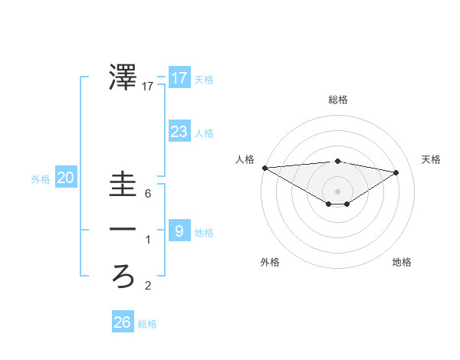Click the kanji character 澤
123,77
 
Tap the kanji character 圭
123,186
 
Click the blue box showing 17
179,78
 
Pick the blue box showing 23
179,132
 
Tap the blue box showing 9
179,231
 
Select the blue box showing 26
122,322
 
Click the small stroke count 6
148,195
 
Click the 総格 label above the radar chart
337,100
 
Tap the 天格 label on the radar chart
431,159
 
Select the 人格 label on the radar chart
245,159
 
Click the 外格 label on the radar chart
270,262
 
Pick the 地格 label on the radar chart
402,262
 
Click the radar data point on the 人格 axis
264,168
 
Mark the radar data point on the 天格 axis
396,172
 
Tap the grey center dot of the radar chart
337,190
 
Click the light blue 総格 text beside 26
147,324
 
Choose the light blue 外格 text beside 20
41,179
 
